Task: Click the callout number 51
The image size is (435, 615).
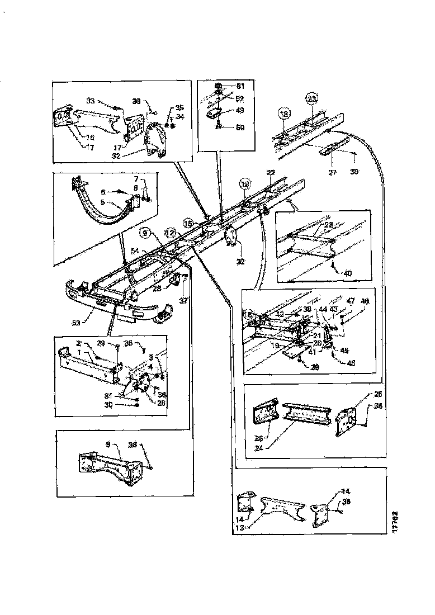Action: [x=240, y=86]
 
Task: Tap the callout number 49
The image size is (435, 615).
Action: [x=240, y=110]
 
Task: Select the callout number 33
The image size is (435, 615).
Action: [x=90, y=101]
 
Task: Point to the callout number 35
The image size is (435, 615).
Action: [x=179, y=107]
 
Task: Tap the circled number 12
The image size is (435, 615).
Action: [x=169, y=230]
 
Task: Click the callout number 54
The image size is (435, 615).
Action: [x=134, y=251]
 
